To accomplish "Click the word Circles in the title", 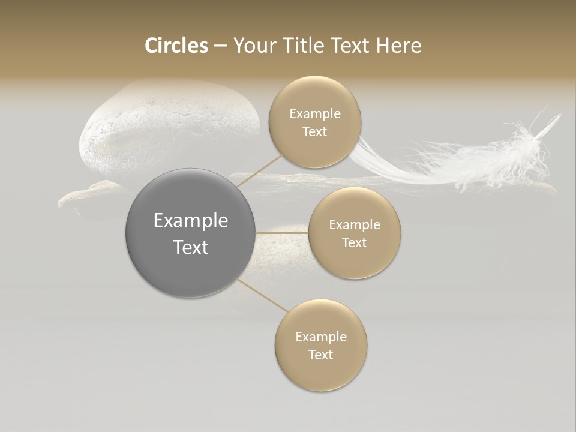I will [176, 46].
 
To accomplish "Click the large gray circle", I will [190, 233].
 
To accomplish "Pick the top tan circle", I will [315, 122].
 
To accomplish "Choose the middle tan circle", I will [355, 233].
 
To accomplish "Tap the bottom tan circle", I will [321, 346].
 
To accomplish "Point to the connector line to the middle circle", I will [281, 233].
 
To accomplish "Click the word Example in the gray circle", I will [190, 221].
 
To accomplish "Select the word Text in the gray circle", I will [190, 247].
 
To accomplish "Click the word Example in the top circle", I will [315, 113].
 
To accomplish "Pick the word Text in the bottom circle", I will [321, 355].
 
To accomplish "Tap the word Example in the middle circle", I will [355, 224].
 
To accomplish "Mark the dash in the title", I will [220, 46].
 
